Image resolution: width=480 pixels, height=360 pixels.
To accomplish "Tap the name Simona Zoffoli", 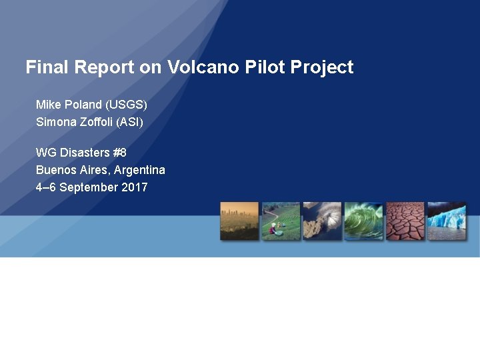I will (x=74, y=122).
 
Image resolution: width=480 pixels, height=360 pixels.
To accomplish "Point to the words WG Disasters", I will (x=73, y=153).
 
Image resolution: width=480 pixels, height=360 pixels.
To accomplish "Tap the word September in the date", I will (x=89, y=187).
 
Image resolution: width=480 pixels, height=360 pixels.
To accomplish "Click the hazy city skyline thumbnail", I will (x=239, y=221).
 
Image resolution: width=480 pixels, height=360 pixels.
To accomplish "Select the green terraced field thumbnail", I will (x=281, y=221).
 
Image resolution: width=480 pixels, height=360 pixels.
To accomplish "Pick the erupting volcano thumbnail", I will (x=322, y=221).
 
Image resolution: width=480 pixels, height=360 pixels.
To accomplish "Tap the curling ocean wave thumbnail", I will (x=363, y=221).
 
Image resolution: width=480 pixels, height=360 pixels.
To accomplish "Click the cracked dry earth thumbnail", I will (x=405, y=221).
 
